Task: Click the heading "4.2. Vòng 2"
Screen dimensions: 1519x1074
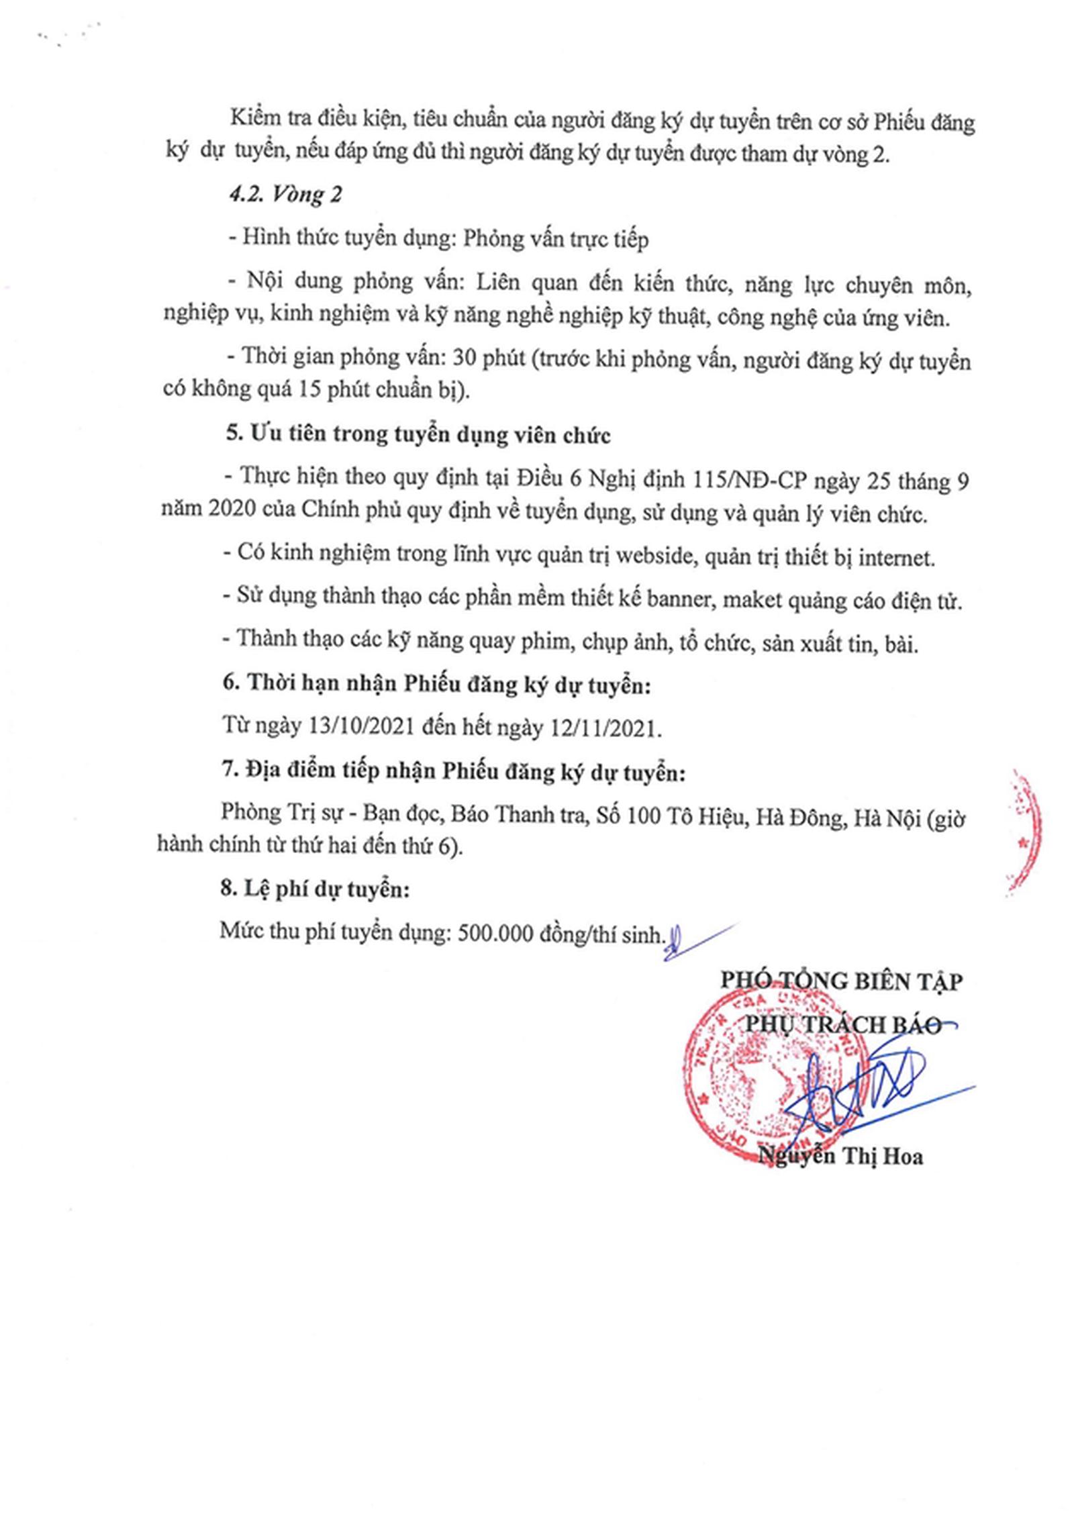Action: point(285,194)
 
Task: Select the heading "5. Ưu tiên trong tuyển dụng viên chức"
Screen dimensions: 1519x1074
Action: point(418,434)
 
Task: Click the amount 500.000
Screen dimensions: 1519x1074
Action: point(495,934)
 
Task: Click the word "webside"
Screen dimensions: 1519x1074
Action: point(655,556)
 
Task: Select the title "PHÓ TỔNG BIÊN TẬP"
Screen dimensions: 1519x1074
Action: point(841,981)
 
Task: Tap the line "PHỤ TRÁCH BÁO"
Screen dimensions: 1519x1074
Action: point(842,1025)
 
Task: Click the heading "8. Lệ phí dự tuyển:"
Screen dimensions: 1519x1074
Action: point(315,889)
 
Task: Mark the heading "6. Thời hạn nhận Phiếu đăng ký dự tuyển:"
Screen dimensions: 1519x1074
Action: point(436,684)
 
